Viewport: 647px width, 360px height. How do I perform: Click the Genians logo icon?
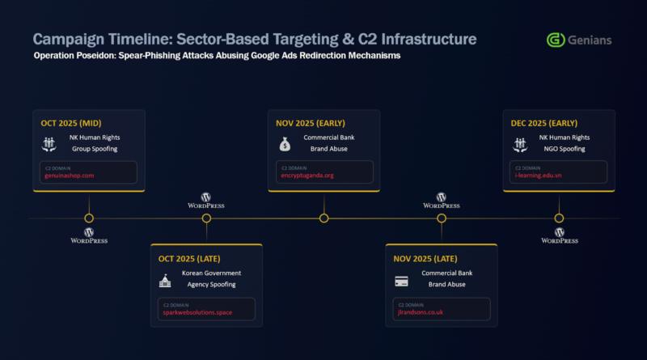(556, 40)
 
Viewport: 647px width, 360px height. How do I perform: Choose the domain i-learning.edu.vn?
(540, 176)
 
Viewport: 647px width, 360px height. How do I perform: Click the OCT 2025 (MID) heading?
(72, 124)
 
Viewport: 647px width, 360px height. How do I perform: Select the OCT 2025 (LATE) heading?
(189, 259)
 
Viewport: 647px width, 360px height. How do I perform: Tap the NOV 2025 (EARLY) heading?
(311, 124)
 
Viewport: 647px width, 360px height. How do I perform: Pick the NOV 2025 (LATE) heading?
(425, 259)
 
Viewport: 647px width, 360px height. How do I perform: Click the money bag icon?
(284, 144)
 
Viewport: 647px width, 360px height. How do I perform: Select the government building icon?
(166, 280)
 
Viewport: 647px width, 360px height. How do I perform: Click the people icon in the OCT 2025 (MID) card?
(49, 144)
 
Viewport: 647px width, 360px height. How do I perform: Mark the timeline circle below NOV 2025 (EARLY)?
(324, 218)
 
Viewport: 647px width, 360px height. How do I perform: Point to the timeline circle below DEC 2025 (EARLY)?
(559, 218)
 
